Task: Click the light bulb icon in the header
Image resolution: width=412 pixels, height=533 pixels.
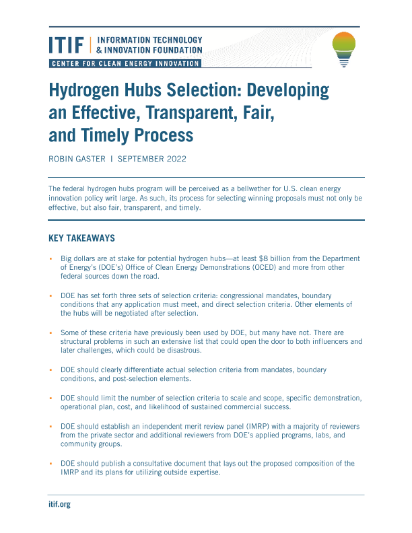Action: (x=345, y=49)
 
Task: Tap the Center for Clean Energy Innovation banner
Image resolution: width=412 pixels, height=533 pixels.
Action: (x=125, y=63)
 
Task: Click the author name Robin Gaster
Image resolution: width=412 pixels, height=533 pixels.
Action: (x=79, y=160)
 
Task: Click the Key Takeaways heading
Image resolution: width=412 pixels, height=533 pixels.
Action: (x=82, y=238)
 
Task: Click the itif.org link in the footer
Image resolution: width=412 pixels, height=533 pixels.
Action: (x=59, y=504)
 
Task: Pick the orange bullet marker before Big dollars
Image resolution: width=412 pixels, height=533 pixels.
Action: (x=50, y=258)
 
